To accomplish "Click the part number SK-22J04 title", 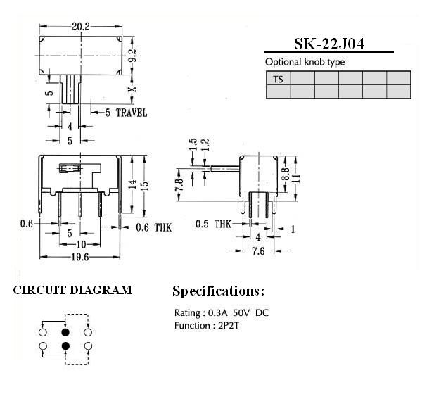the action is (328, 44).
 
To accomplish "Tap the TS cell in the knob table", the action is (278, 80).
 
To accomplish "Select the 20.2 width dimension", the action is (81, 27).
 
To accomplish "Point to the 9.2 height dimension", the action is (132, 56).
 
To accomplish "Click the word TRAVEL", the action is (132, 113).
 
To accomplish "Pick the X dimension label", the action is (132, 89).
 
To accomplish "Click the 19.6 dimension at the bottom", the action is (80, 258).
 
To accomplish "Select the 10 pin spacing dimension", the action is (81, 244).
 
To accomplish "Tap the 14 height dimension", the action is (132, 184).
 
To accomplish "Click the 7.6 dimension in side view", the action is (258, 251).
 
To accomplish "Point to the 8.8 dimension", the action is (286, 174).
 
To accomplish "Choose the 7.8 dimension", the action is (179, 185).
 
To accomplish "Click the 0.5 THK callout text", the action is (213, 224).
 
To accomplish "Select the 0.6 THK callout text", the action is (154, 227).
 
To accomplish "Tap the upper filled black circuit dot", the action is (65, 332).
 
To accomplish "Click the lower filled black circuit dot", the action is (65, 346).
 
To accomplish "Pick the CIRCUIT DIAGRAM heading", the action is (72, 290).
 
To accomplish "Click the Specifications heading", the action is (218, 291).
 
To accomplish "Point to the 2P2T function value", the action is (229, 326).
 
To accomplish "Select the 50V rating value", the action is (241, 313).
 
